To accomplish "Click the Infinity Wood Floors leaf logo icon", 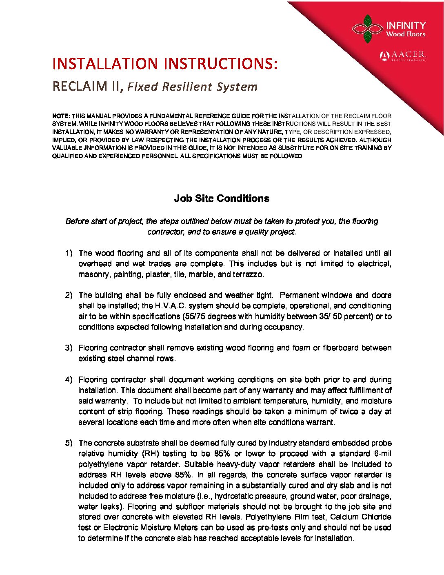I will tap(367, 29).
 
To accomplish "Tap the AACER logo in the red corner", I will tap(402, 56).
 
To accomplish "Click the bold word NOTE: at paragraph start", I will tap(61, 116).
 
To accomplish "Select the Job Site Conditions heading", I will tap(222, 198).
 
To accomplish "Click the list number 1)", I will tap(69, 253).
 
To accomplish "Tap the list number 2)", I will tap(69, 295).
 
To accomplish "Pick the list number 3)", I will tap(69, 348).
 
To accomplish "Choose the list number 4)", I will tap(69, 380).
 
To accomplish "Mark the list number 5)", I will tap(69, 443).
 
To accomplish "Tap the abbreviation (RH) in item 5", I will tap(152, 454).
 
